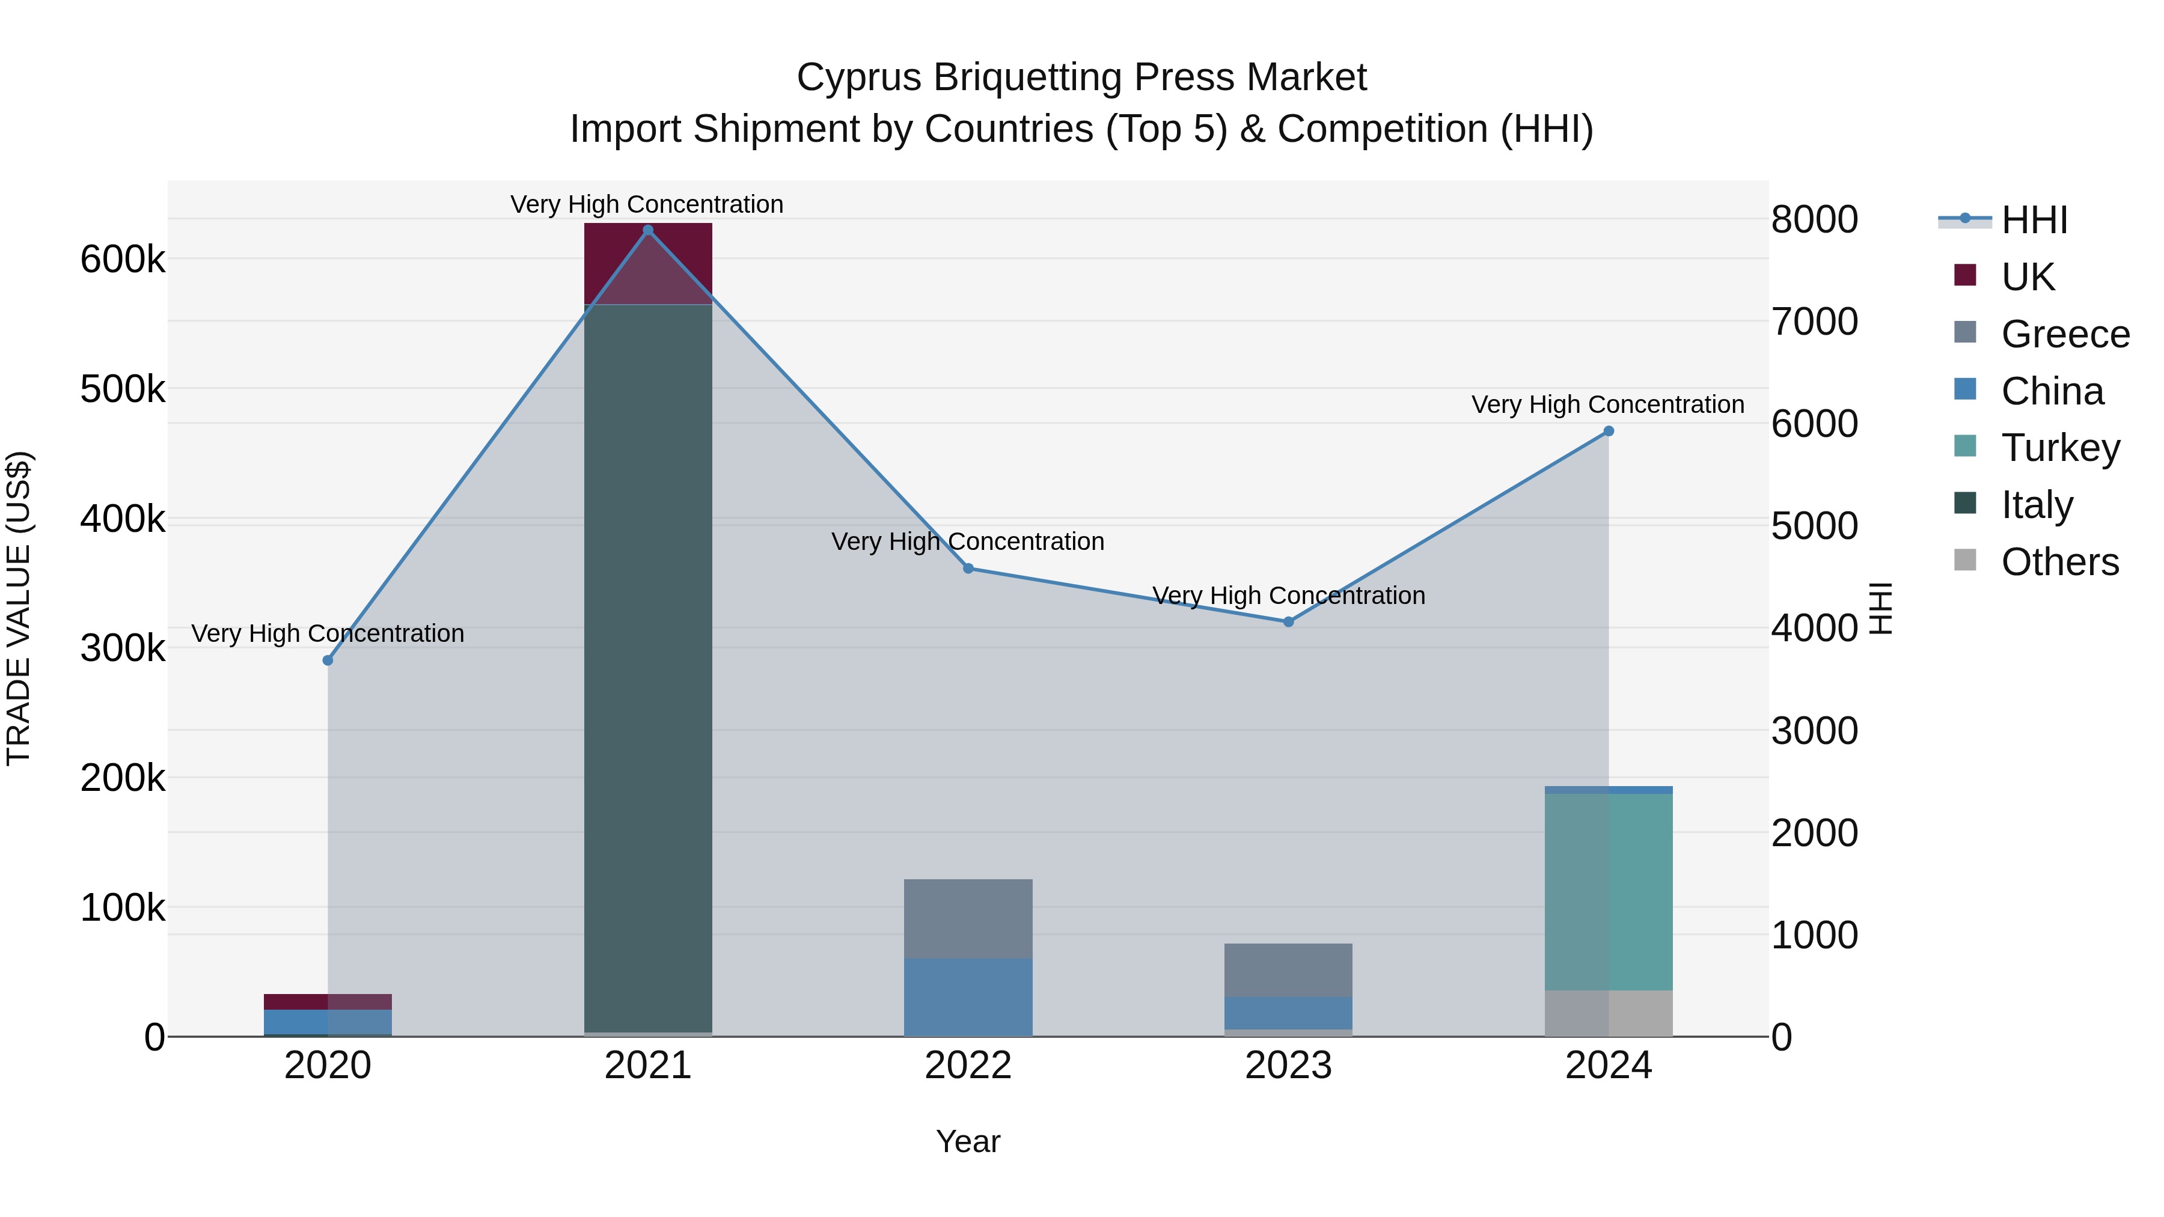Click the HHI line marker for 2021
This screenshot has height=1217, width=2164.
pyautogui.click(x=647, y=230)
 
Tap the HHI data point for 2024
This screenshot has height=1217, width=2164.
pyautogui.click(x=1608, y=432)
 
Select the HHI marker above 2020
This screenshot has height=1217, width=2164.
pyautogui.click(x=328, y=660)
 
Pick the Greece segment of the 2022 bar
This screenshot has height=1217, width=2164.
pyautogui.click(x=968, y=918)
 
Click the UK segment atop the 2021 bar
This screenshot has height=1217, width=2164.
pyautogui.click(x=647, y=263)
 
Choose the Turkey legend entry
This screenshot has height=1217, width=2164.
pyautogui.click(x=2060, y=448)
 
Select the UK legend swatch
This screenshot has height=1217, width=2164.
pyautogui.click(x=1965, y=275)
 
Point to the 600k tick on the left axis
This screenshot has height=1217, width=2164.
pyautogui.click(x=123, y=260)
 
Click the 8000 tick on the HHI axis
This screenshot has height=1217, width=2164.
pyautogui.click(x=1815, y=220)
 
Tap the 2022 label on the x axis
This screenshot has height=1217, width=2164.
pyautogui.click(x=968, y=1066)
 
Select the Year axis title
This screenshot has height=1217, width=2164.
pyautogui.click(x=968, y=1141)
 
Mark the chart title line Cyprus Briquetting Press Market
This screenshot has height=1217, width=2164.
pyautogui.click(x=1081, y=78)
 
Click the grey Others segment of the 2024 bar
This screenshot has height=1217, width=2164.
pyautogui.click(x=1608, y=1013)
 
